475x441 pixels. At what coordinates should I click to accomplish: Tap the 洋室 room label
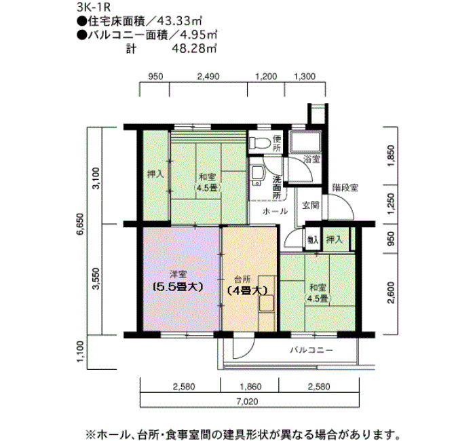pyautogui.click(x=178, y=274)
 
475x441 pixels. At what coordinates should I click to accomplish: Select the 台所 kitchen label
pyautogui.click(x=242, y=278)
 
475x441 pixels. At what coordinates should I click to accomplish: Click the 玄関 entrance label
pyautogui.click(x=309, y=204)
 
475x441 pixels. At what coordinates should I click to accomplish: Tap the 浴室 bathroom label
pyautogui.click(x=311, y=159)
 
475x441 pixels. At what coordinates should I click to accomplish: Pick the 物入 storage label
pyautogui.click(x=312, y=239)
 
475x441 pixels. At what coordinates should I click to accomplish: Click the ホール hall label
pyautogui.click(x=275, y=212)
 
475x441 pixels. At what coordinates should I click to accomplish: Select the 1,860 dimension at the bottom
pyautogui.click(x=250, y=387)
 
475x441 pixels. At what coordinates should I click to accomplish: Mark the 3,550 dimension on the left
pyautogui.click(x=96, y=278)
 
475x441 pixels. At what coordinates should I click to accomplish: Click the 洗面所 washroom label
pyautogui.click(x=277, y=187)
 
